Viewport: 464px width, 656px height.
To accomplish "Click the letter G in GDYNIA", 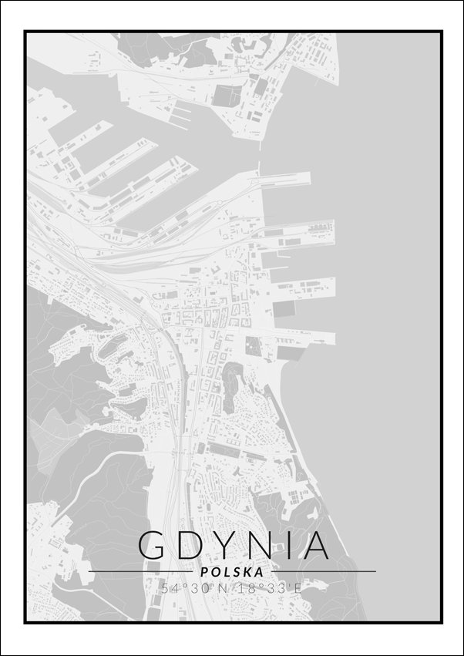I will pos(152,546).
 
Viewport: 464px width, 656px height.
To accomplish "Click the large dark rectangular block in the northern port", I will pos(226,96).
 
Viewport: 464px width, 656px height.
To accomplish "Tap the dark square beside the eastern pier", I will pos(284,308).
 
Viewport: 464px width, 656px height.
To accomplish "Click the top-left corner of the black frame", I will pos(25,32).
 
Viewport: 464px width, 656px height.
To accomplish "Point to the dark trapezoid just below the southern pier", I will pos(288,353).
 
